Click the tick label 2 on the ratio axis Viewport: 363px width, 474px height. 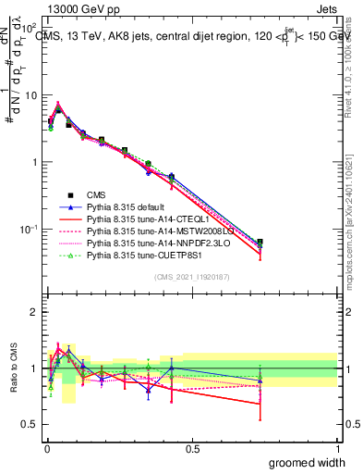pos(35,312)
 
